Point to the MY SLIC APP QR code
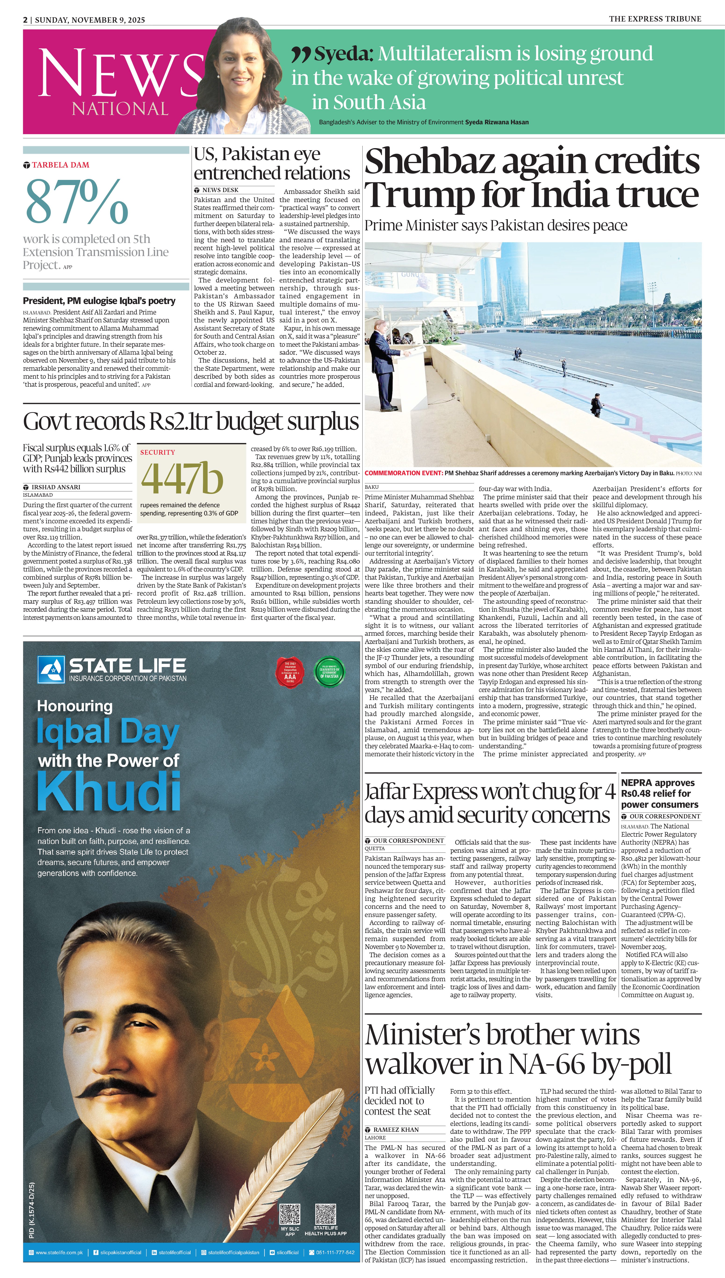(290, 1214)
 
